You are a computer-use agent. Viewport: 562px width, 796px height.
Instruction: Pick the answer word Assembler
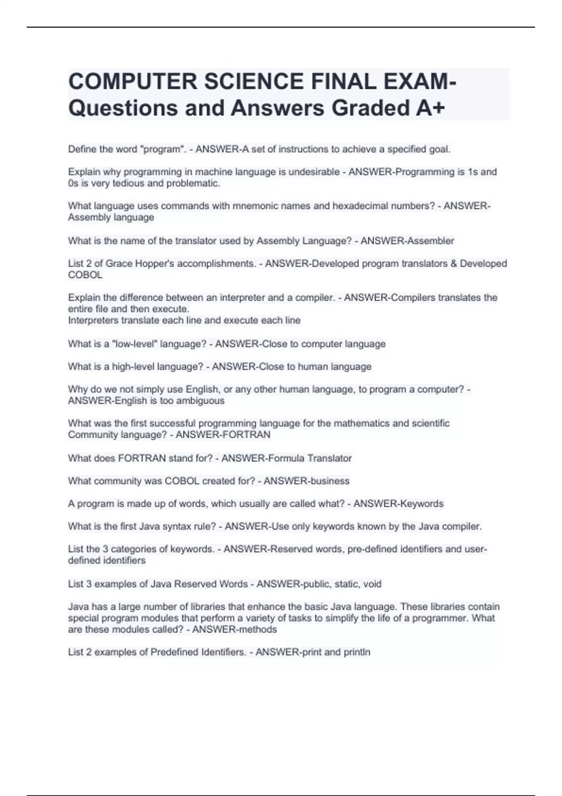point(431,241)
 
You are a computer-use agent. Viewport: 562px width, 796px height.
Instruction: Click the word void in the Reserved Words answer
point(372,584)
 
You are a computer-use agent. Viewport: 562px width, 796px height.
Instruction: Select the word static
point(347,584)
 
